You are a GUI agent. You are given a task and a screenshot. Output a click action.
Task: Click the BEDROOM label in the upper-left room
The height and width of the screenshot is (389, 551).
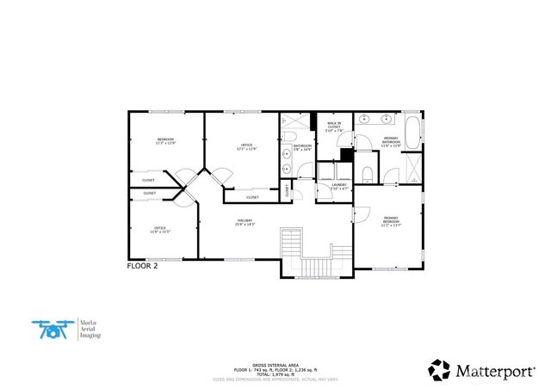point(165,140)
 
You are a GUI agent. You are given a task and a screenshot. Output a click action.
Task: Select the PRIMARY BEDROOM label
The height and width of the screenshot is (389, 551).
point(391,220)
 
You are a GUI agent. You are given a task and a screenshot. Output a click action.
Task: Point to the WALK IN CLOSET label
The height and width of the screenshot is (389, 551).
point(334,127)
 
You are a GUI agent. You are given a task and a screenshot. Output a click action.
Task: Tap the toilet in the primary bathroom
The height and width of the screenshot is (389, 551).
point(367,175)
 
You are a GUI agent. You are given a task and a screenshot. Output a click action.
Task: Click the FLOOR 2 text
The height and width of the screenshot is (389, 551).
point(143,267)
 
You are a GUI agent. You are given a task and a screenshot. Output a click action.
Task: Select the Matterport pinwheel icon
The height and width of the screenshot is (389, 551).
point(439,369)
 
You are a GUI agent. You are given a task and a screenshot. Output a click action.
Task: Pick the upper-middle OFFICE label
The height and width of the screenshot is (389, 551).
point(246,147)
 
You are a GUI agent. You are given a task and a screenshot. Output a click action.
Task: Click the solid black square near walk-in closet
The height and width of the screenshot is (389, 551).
point(345,155)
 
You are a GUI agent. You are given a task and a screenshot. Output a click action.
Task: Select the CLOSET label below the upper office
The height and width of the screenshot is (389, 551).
point(252,197)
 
